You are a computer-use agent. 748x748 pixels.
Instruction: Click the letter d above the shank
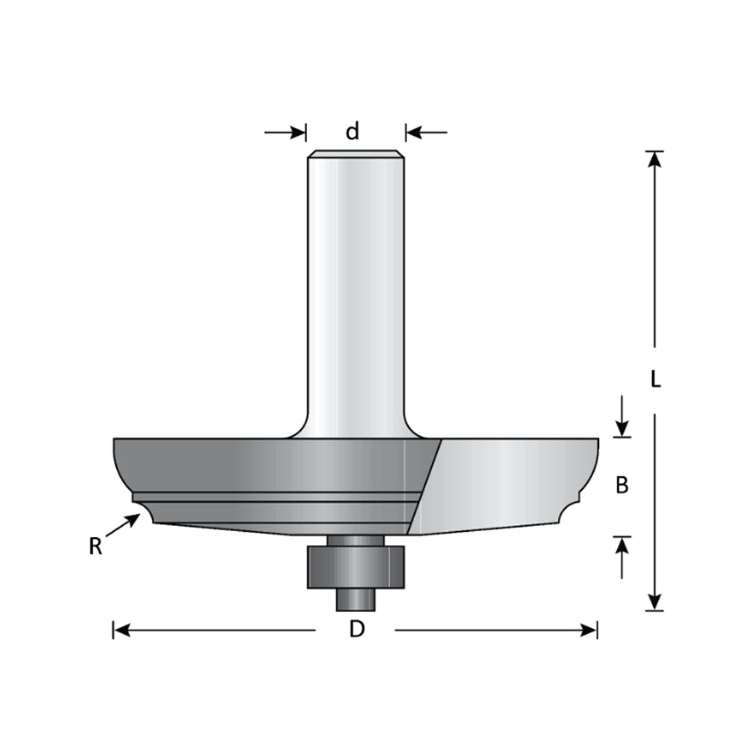[352, 131]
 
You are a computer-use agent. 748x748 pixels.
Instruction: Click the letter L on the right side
[655, 380]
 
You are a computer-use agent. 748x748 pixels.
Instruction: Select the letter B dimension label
[622, 485]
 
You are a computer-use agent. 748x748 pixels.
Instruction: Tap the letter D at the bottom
[356, 630]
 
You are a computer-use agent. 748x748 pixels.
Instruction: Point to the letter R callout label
[96, 546]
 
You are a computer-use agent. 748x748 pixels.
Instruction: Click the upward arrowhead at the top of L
[655, 159]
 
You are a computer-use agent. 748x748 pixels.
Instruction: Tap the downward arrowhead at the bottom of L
[655, 602]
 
